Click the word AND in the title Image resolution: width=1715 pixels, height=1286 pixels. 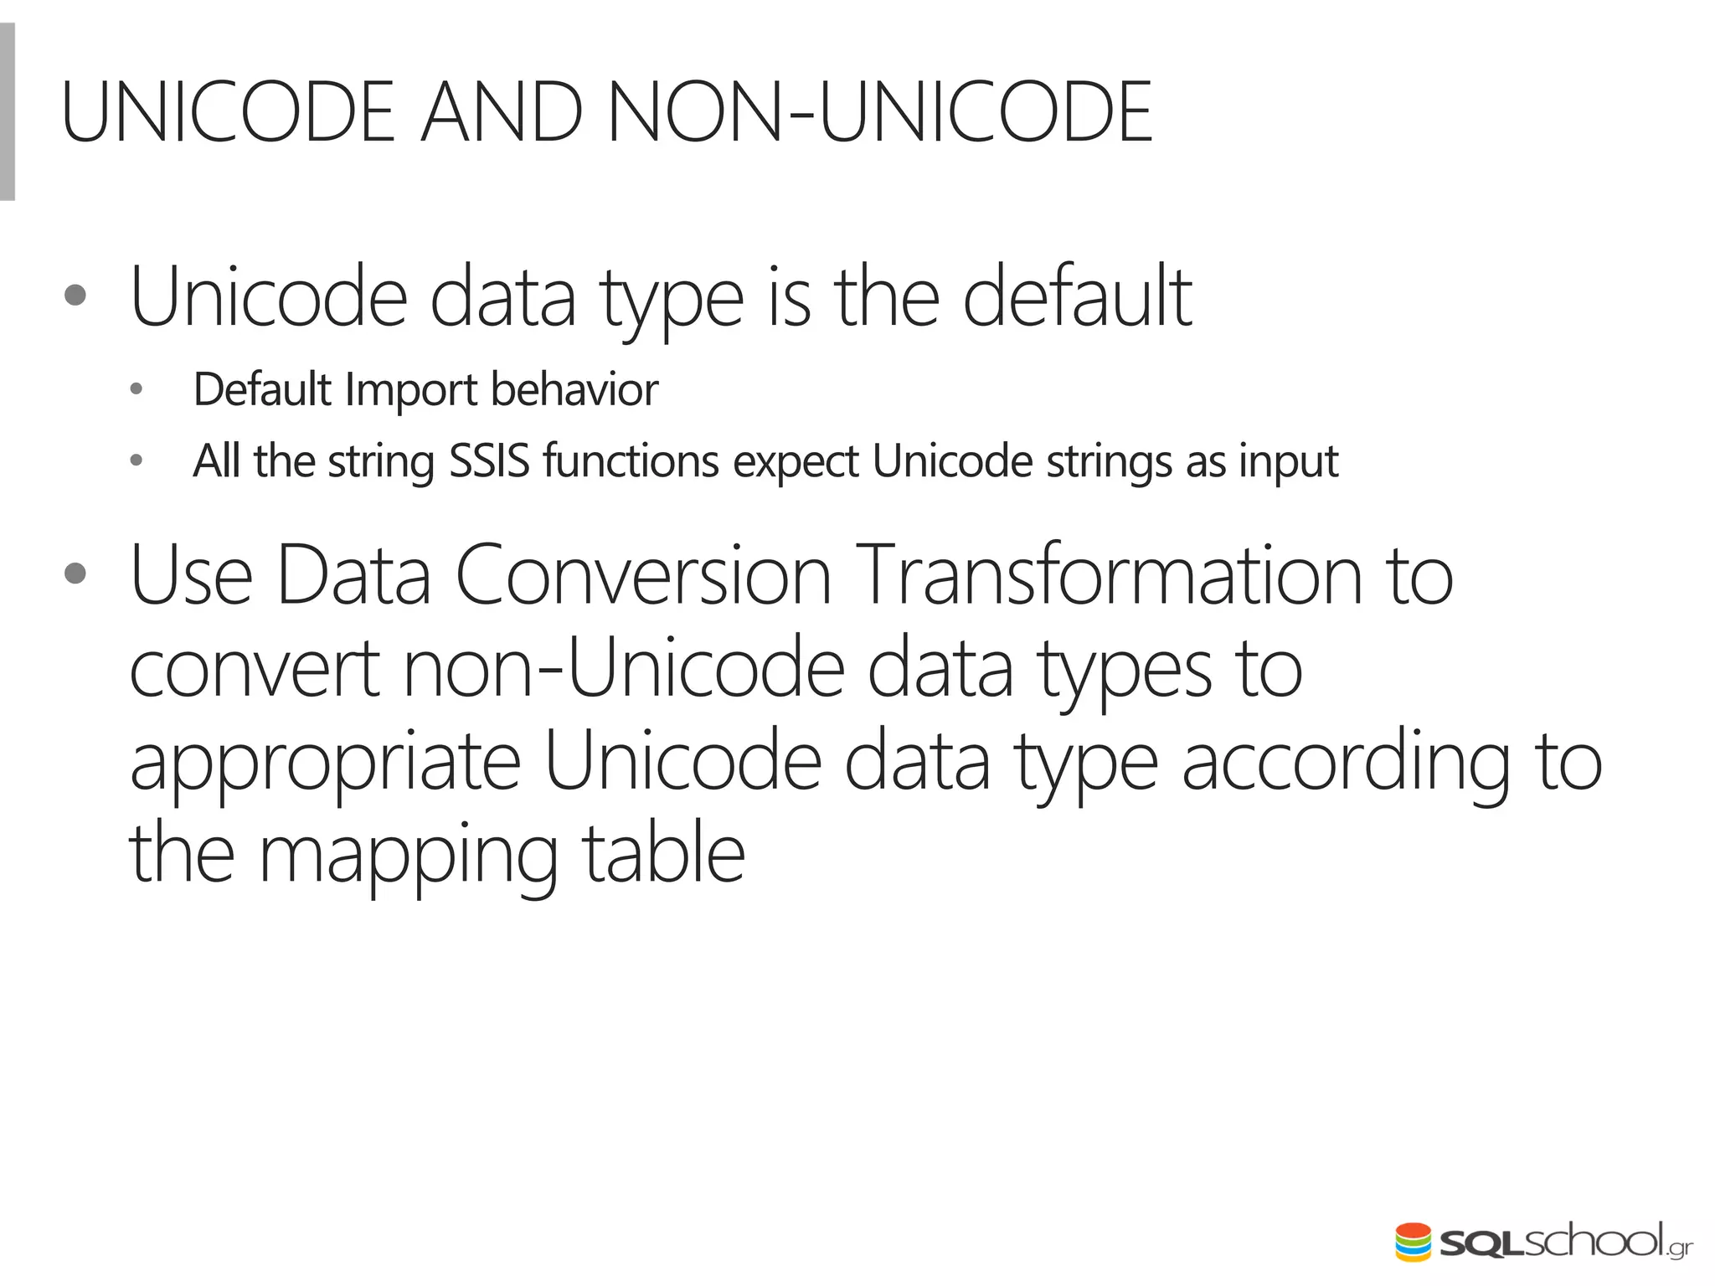coord(501,112)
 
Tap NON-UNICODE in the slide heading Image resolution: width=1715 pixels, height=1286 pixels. coord(879,112)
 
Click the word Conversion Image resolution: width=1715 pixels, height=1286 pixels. coord(643,576)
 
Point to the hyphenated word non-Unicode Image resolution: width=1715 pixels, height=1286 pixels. coord(624,668)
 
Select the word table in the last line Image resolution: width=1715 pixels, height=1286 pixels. coord(663,854)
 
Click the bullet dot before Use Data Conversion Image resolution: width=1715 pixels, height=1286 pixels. coord(75,574)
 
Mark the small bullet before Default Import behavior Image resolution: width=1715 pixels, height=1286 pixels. coord(136,389)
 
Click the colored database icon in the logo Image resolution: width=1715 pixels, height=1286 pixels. coord(1413,1242)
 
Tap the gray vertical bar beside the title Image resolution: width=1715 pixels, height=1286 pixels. coord(7,112)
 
